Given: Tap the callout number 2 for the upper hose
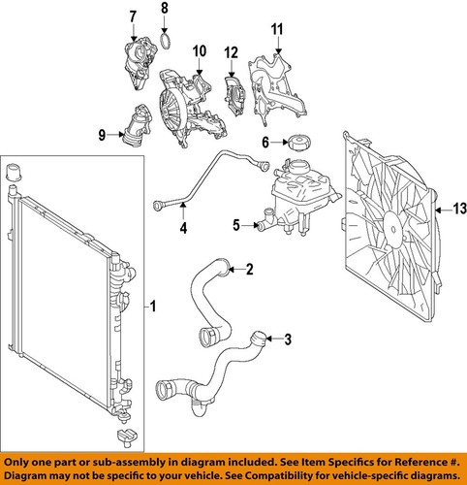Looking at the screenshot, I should pyautogui.click(x=249, y=269).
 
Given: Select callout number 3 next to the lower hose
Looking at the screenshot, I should pyautogui.click(x=287, y=339).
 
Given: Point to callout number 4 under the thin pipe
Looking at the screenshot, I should pyautogui.click(x=182, y=229).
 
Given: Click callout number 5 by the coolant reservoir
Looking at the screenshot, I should pyautogui.click(x=235, y=225).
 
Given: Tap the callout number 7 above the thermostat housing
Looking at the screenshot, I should pyautogui.click(x=133, y=16).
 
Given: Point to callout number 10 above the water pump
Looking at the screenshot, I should pyautogui.click(x=200, y=50).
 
